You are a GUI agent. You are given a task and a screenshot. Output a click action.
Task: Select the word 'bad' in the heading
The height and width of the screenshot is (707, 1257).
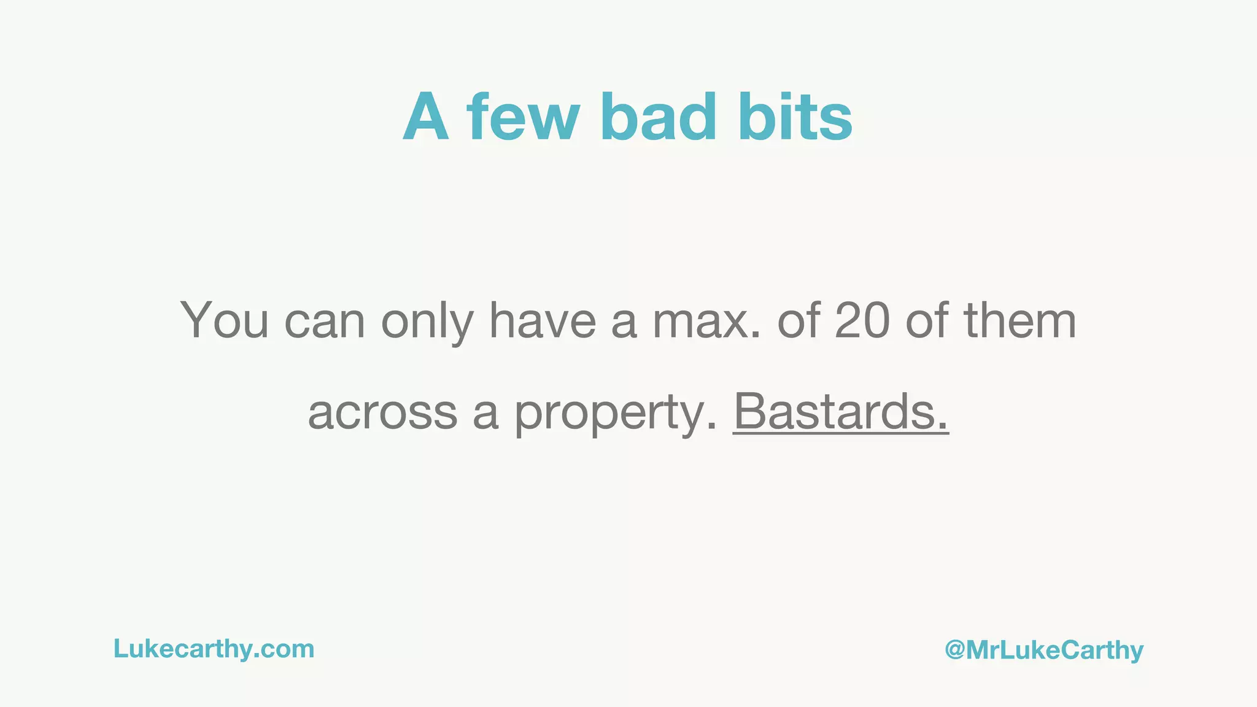point(659,117)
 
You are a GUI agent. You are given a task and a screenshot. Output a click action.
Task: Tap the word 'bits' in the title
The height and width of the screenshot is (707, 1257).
point(796,117)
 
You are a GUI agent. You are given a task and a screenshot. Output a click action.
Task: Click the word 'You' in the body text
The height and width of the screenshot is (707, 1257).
point(224,320)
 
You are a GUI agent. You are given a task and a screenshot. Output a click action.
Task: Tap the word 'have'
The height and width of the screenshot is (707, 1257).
point(542,320)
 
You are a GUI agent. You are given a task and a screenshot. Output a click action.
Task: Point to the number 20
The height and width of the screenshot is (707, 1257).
point(862,320)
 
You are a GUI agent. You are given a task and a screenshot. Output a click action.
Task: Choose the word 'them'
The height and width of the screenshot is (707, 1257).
point(1020,320)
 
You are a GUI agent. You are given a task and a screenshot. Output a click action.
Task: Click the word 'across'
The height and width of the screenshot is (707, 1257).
point(382,412)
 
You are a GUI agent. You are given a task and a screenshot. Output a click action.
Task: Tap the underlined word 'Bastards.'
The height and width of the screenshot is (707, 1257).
point(841,411)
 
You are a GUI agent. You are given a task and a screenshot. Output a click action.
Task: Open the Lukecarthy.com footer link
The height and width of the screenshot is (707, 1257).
point(214,649)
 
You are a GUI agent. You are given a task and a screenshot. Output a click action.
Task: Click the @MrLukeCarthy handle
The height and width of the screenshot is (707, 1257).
point(1044,650)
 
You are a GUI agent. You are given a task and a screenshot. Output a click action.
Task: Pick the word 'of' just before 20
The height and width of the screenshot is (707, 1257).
point(798,320)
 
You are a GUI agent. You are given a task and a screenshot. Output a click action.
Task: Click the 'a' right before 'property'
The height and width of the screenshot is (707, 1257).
point(485,414)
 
